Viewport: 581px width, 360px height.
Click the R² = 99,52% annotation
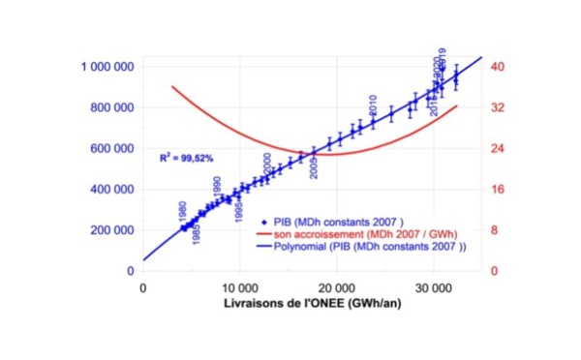click(189, 157)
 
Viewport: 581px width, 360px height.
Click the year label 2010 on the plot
click(373, 105)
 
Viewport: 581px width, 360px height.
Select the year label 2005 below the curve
click(313, 168)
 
